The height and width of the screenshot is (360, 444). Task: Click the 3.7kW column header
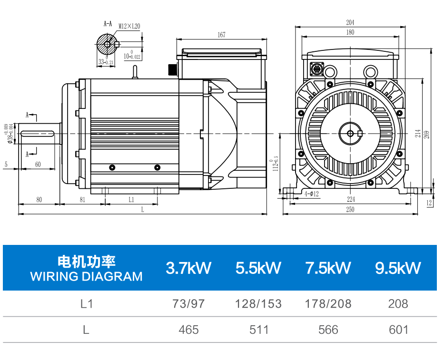188,268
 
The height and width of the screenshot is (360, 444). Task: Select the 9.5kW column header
398,268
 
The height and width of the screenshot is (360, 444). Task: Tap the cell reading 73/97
188,304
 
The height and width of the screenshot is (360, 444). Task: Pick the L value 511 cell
259,330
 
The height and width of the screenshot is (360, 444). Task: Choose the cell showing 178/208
328,304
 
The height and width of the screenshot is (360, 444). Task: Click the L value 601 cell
398,330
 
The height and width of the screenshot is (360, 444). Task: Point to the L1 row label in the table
87,304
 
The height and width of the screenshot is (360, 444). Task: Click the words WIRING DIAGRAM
86,276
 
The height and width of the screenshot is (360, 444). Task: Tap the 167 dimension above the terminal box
221,35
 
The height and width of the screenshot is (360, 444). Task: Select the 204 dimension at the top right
350,22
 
